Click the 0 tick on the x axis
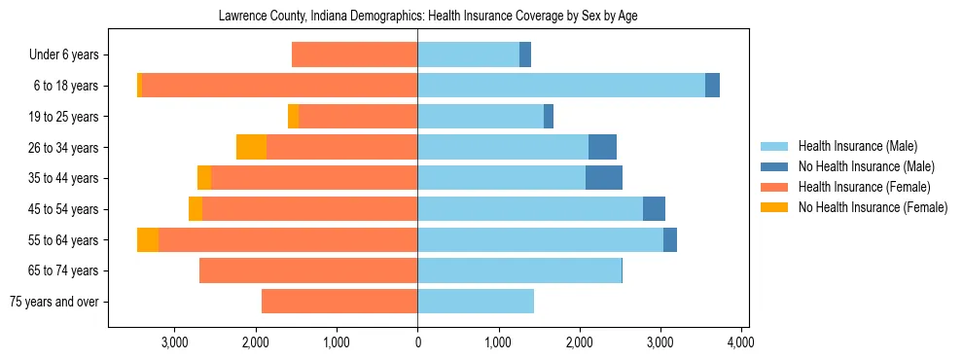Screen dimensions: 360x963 (417, 342)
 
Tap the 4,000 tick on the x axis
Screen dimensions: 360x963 (741, 342)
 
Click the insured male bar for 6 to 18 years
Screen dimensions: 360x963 (561, 86)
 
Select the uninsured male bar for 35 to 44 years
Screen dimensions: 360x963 (604, 178)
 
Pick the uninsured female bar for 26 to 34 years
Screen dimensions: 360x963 (251, 147)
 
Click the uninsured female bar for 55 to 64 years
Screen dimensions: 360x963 (148, 239)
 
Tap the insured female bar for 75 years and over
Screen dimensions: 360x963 (339, 302)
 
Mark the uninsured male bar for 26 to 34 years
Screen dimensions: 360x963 (602, 147)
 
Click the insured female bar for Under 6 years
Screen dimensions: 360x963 (354, 55)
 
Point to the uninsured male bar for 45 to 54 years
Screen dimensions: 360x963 (654, 209)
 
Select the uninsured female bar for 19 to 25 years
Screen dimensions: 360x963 (294, 117)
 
